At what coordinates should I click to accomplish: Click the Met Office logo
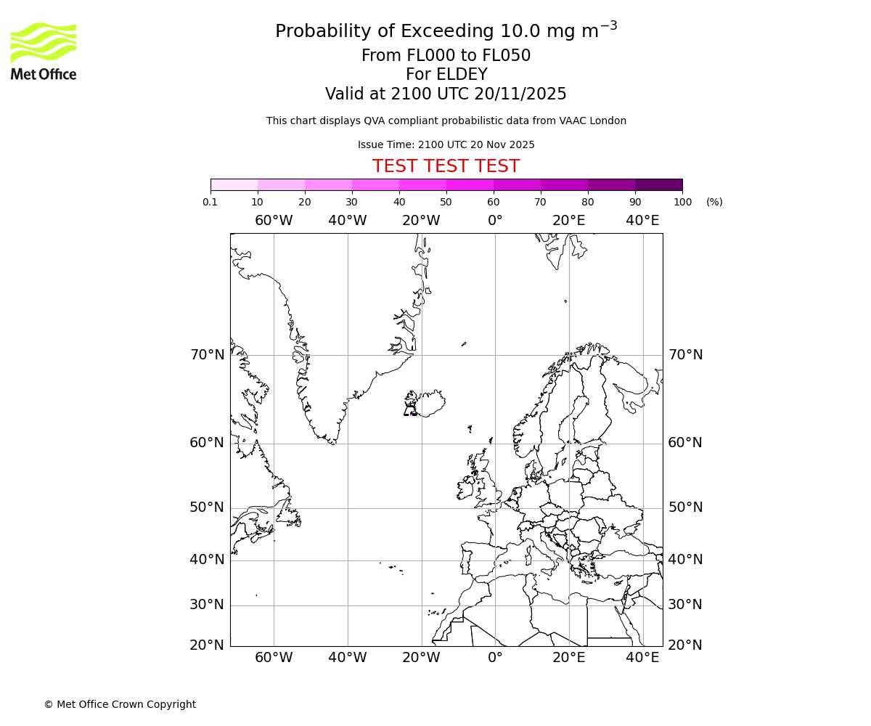pyautogui.click(x=44, y=51)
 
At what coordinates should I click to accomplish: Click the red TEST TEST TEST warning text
pyautogui.click(x=446, y=166)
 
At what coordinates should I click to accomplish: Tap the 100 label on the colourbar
pyautogui.click(x=682, y=202)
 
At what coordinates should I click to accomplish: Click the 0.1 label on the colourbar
pyautogui.click(x=210, y=202)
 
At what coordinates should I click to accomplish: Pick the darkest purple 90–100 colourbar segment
pyautogui.click(x=658, y=184)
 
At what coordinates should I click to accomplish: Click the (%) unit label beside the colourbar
pyautogui.click(x=714, y=202)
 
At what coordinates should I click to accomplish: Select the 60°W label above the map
pyautogui.click(x=274, y=221)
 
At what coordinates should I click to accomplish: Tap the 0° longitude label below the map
pyautogui.click(x=495, y=658)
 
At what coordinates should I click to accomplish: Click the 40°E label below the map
pyautogui.click(x=642, y=658)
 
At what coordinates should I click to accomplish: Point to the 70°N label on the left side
pyautogui.click(x=208, y=355)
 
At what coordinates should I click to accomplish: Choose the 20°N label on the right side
pyautogui.click(x=685, y=645)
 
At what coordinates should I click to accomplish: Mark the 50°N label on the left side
pyautogui.click(x=208, y=507)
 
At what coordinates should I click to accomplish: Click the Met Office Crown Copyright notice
pyautogui.click(x=120, y=704)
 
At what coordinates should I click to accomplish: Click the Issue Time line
pyautogui.click(x=446, y=144)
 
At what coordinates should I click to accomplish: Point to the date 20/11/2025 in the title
pyautogui.click(x=520, y=94)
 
